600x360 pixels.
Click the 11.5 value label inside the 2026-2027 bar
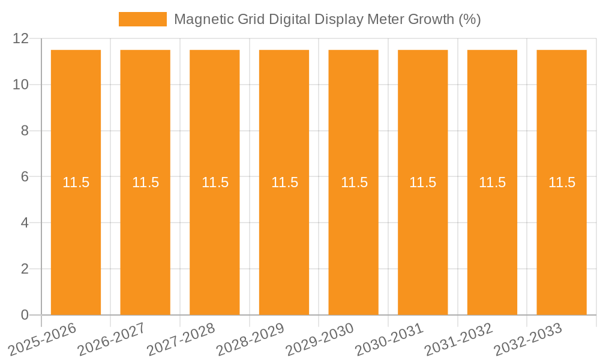tap(145, 182)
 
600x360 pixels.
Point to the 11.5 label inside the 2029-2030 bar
tap(354, 182)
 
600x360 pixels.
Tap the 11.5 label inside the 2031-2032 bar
tap(492, 182)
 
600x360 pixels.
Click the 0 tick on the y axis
tap(25, 315)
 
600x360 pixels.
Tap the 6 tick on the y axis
tap(25, 177)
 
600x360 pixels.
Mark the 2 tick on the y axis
tap(25, 269)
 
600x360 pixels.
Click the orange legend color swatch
tap(142, 19)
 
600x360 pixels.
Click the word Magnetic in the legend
tap(201, 19)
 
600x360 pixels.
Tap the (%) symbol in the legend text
tap(469, 19)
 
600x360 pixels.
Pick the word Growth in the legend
tap(431, 19)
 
